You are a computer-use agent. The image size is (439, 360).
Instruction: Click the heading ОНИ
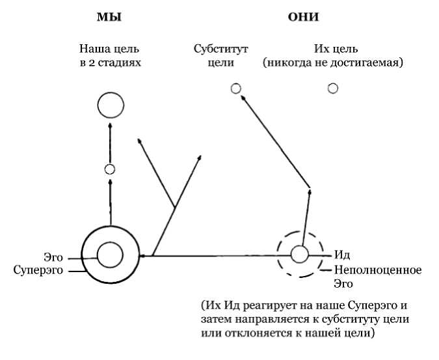click(304, 18)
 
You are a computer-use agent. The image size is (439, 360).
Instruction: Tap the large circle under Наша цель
click(110, 105)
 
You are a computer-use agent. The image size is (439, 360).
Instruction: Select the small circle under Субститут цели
click(236, 89)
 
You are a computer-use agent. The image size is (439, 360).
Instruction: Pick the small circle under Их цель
click(333, 89)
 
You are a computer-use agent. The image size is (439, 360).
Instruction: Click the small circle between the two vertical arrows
click(110, 169)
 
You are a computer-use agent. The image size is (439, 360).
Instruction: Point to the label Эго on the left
click(53, 257)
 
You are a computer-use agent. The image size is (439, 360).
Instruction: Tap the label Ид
click(342, 255)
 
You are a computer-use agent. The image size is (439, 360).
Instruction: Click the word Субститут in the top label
click(221, 49)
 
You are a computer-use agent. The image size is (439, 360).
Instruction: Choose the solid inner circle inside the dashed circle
click(299, 253)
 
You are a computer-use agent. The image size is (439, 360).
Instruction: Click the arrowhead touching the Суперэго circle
click(144, 256)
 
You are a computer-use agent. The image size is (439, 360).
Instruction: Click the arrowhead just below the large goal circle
click(110, 127)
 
